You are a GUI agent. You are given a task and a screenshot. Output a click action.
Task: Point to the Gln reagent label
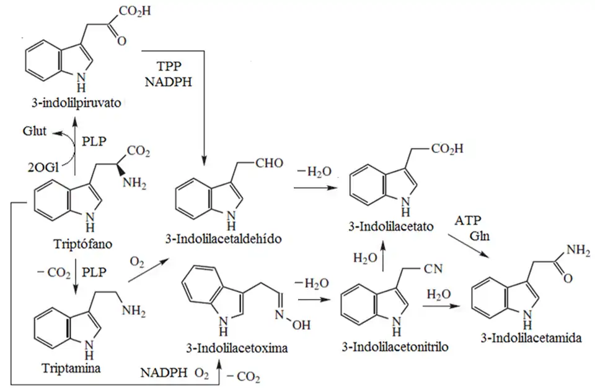point(479,236)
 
